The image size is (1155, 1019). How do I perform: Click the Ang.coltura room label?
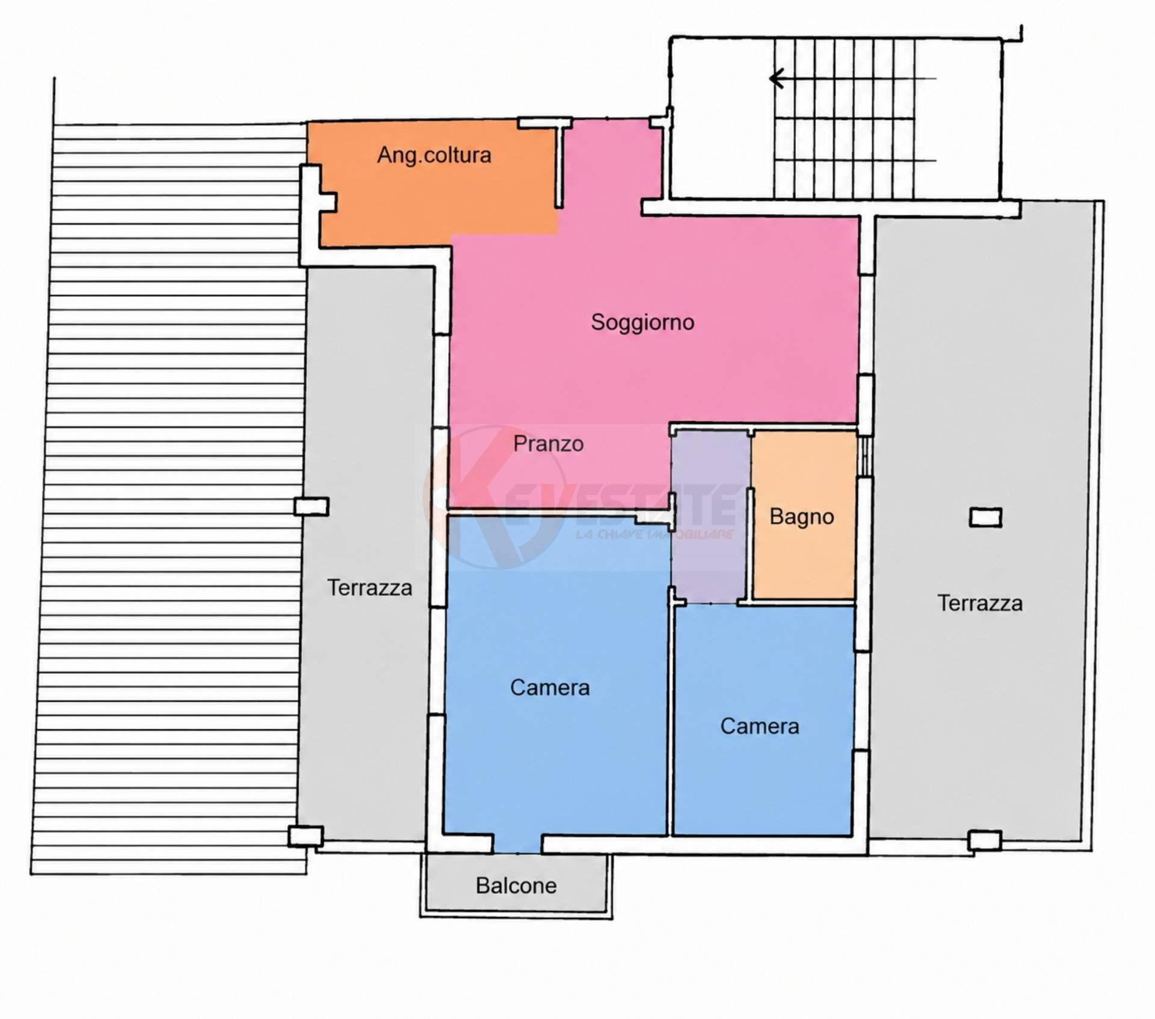point(434,155)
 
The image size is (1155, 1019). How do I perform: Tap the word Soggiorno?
point(642,322)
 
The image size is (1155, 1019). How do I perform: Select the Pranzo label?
point(548,444)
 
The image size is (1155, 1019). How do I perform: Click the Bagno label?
point(802,517)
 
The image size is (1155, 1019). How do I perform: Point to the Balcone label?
point(516,885)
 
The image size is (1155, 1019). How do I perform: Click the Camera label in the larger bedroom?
point(550,688)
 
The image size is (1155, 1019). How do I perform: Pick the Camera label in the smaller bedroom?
point(760,726)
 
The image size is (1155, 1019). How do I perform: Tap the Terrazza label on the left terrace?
point(369,588)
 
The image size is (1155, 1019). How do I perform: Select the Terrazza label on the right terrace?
point(980,603)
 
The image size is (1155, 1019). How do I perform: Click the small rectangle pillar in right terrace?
point(985,517)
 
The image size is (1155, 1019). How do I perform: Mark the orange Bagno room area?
point(804,515)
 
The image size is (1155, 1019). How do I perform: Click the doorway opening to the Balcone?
point(517,843)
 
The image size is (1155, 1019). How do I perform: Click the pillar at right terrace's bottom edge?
point(985,840)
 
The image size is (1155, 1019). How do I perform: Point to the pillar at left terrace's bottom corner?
point(306,836)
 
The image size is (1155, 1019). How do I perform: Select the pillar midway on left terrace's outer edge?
point(312,506)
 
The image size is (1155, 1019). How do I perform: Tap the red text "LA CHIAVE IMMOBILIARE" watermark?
point(654,534)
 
